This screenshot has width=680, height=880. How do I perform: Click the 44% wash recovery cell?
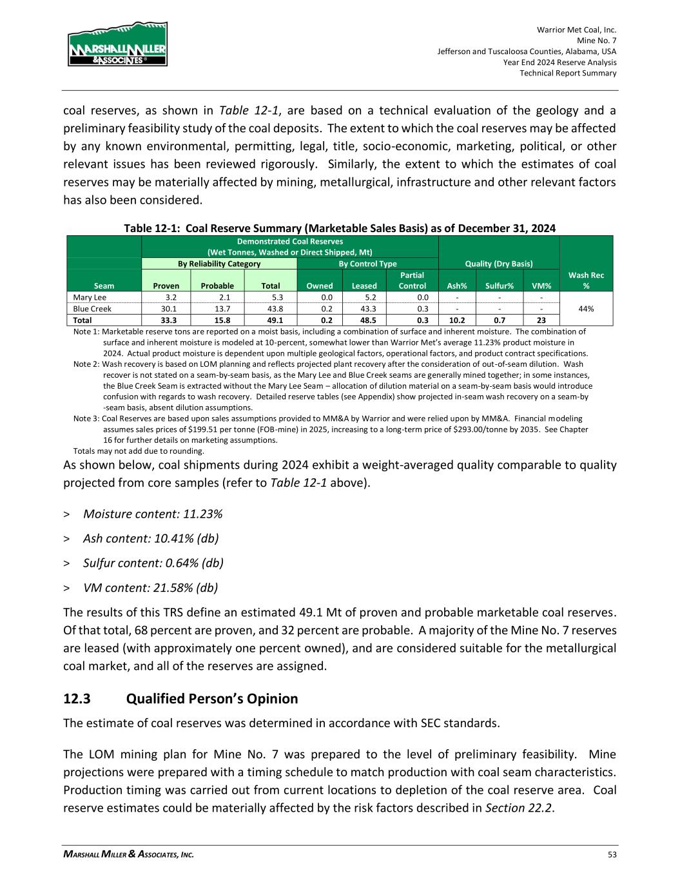coord(586,309)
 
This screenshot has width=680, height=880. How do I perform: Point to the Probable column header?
coord(217,286)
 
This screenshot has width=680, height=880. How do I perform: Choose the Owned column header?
coord(320,286)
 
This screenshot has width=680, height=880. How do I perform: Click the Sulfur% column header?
coord(499,286)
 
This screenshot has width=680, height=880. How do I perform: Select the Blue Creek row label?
coord(92,309)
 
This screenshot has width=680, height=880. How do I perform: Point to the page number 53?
coord(612,855)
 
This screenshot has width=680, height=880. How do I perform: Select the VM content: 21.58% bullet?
coord(150,587)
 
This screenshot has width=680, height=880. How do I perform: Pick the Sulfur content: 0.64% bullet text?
coord(153,563)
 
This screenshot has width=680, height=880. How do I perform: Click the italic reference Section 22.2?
coord(519,808)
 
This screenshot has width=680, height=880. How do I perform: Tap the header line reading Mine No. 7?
coord(597,41)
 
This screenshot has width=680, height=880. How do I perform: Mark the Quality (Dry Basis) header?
coord(500,264)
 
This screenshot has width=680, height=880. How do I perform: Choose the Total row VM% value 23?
coord(541,320)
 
